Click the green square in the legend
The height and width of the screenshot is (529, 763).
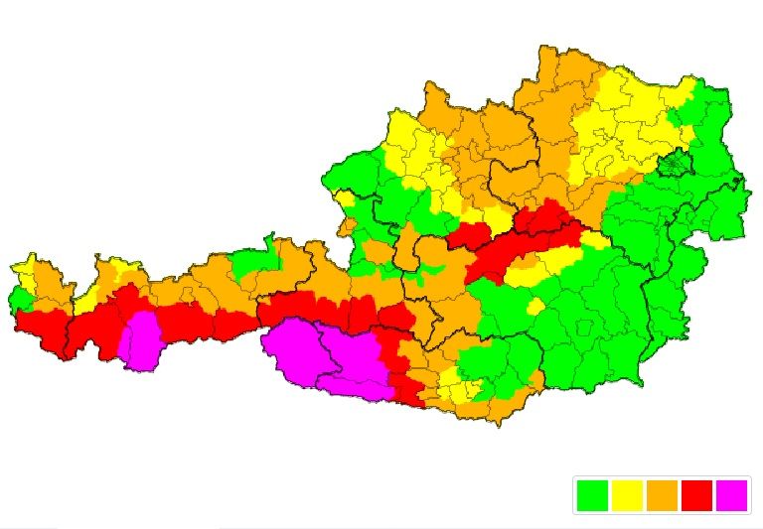pos(592,494)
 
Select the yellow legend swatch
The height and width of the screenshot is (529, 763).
pos(627,494)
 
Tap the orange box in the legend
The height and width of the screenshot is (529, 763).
pos(662,494)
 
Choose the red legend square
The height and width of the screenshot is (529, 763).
pos(696,494)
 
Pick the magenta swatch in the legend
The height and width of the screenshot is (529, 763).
pos(731,494)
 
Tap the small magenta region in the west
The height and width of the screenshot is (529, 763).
pos(142,338)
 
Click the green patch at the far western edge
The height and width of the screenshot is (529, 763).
pos(19,299)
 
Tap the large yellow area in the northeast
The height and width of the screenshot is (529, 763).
pos(616,124)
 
